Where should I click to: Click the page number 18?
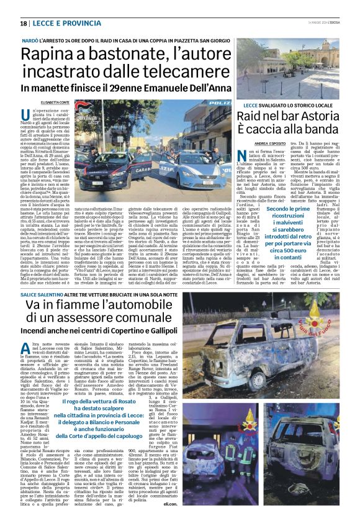[23, 24]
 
